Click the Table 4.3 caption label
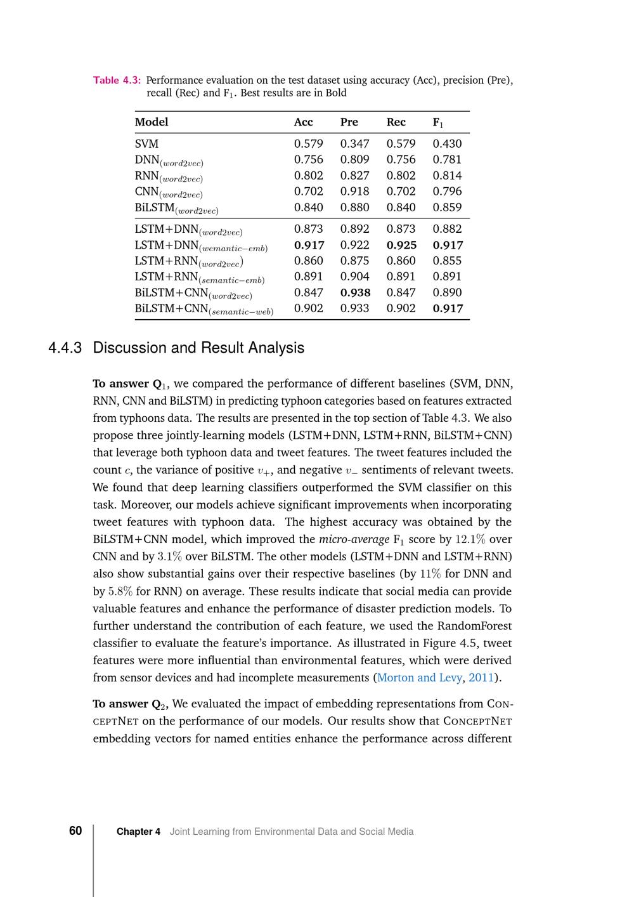point(117,80)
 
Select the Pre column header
point(349,122)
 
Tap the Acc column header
point(303,122)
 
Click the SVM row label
point(146,144)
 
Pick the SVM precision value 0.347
point(354,144)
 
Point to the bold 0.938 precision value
point(355,292)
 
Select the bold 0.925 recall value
point(401,245)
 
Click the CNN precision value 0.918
point(354,191)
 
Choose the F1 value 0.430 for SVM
point(447,144)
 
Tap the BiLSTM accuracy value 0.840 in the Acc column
point(308,207)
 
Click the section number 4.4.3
point(65,348)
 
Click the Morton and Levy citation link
point(419,678)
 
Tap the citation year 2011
point(481,678)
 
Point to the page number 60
point(75,831)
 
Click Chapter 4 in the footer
point(138,832)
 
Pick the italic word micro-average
point(354,539)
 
